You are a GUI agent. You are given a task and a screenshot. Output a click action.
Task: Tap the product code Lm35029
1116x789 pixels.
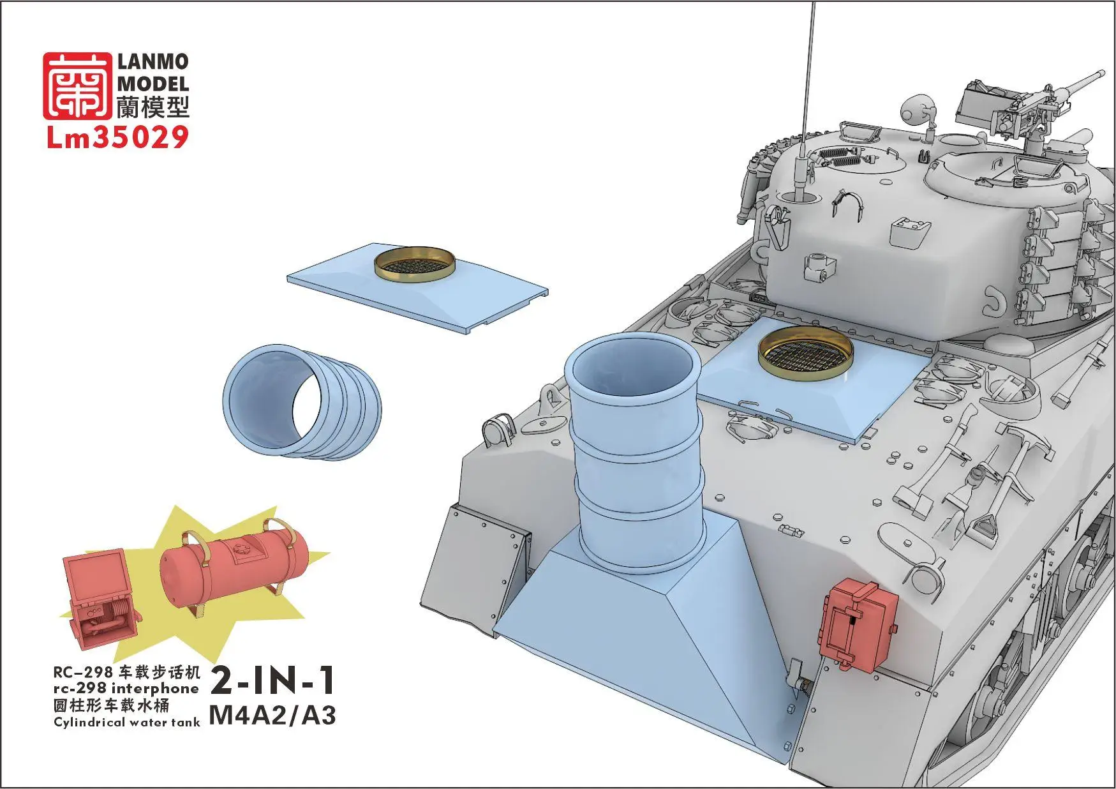click(117, 138)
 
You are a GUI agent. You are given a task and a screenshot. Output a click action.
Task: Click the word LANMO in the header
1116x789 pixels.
click(153, 62)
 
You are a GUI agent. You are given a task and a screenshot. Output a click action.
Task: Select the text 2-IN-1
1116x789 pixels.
click(272, 682)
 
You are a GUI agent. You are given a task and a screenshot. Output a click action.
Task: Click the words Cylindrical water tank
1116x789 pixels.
click(126, 723)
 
